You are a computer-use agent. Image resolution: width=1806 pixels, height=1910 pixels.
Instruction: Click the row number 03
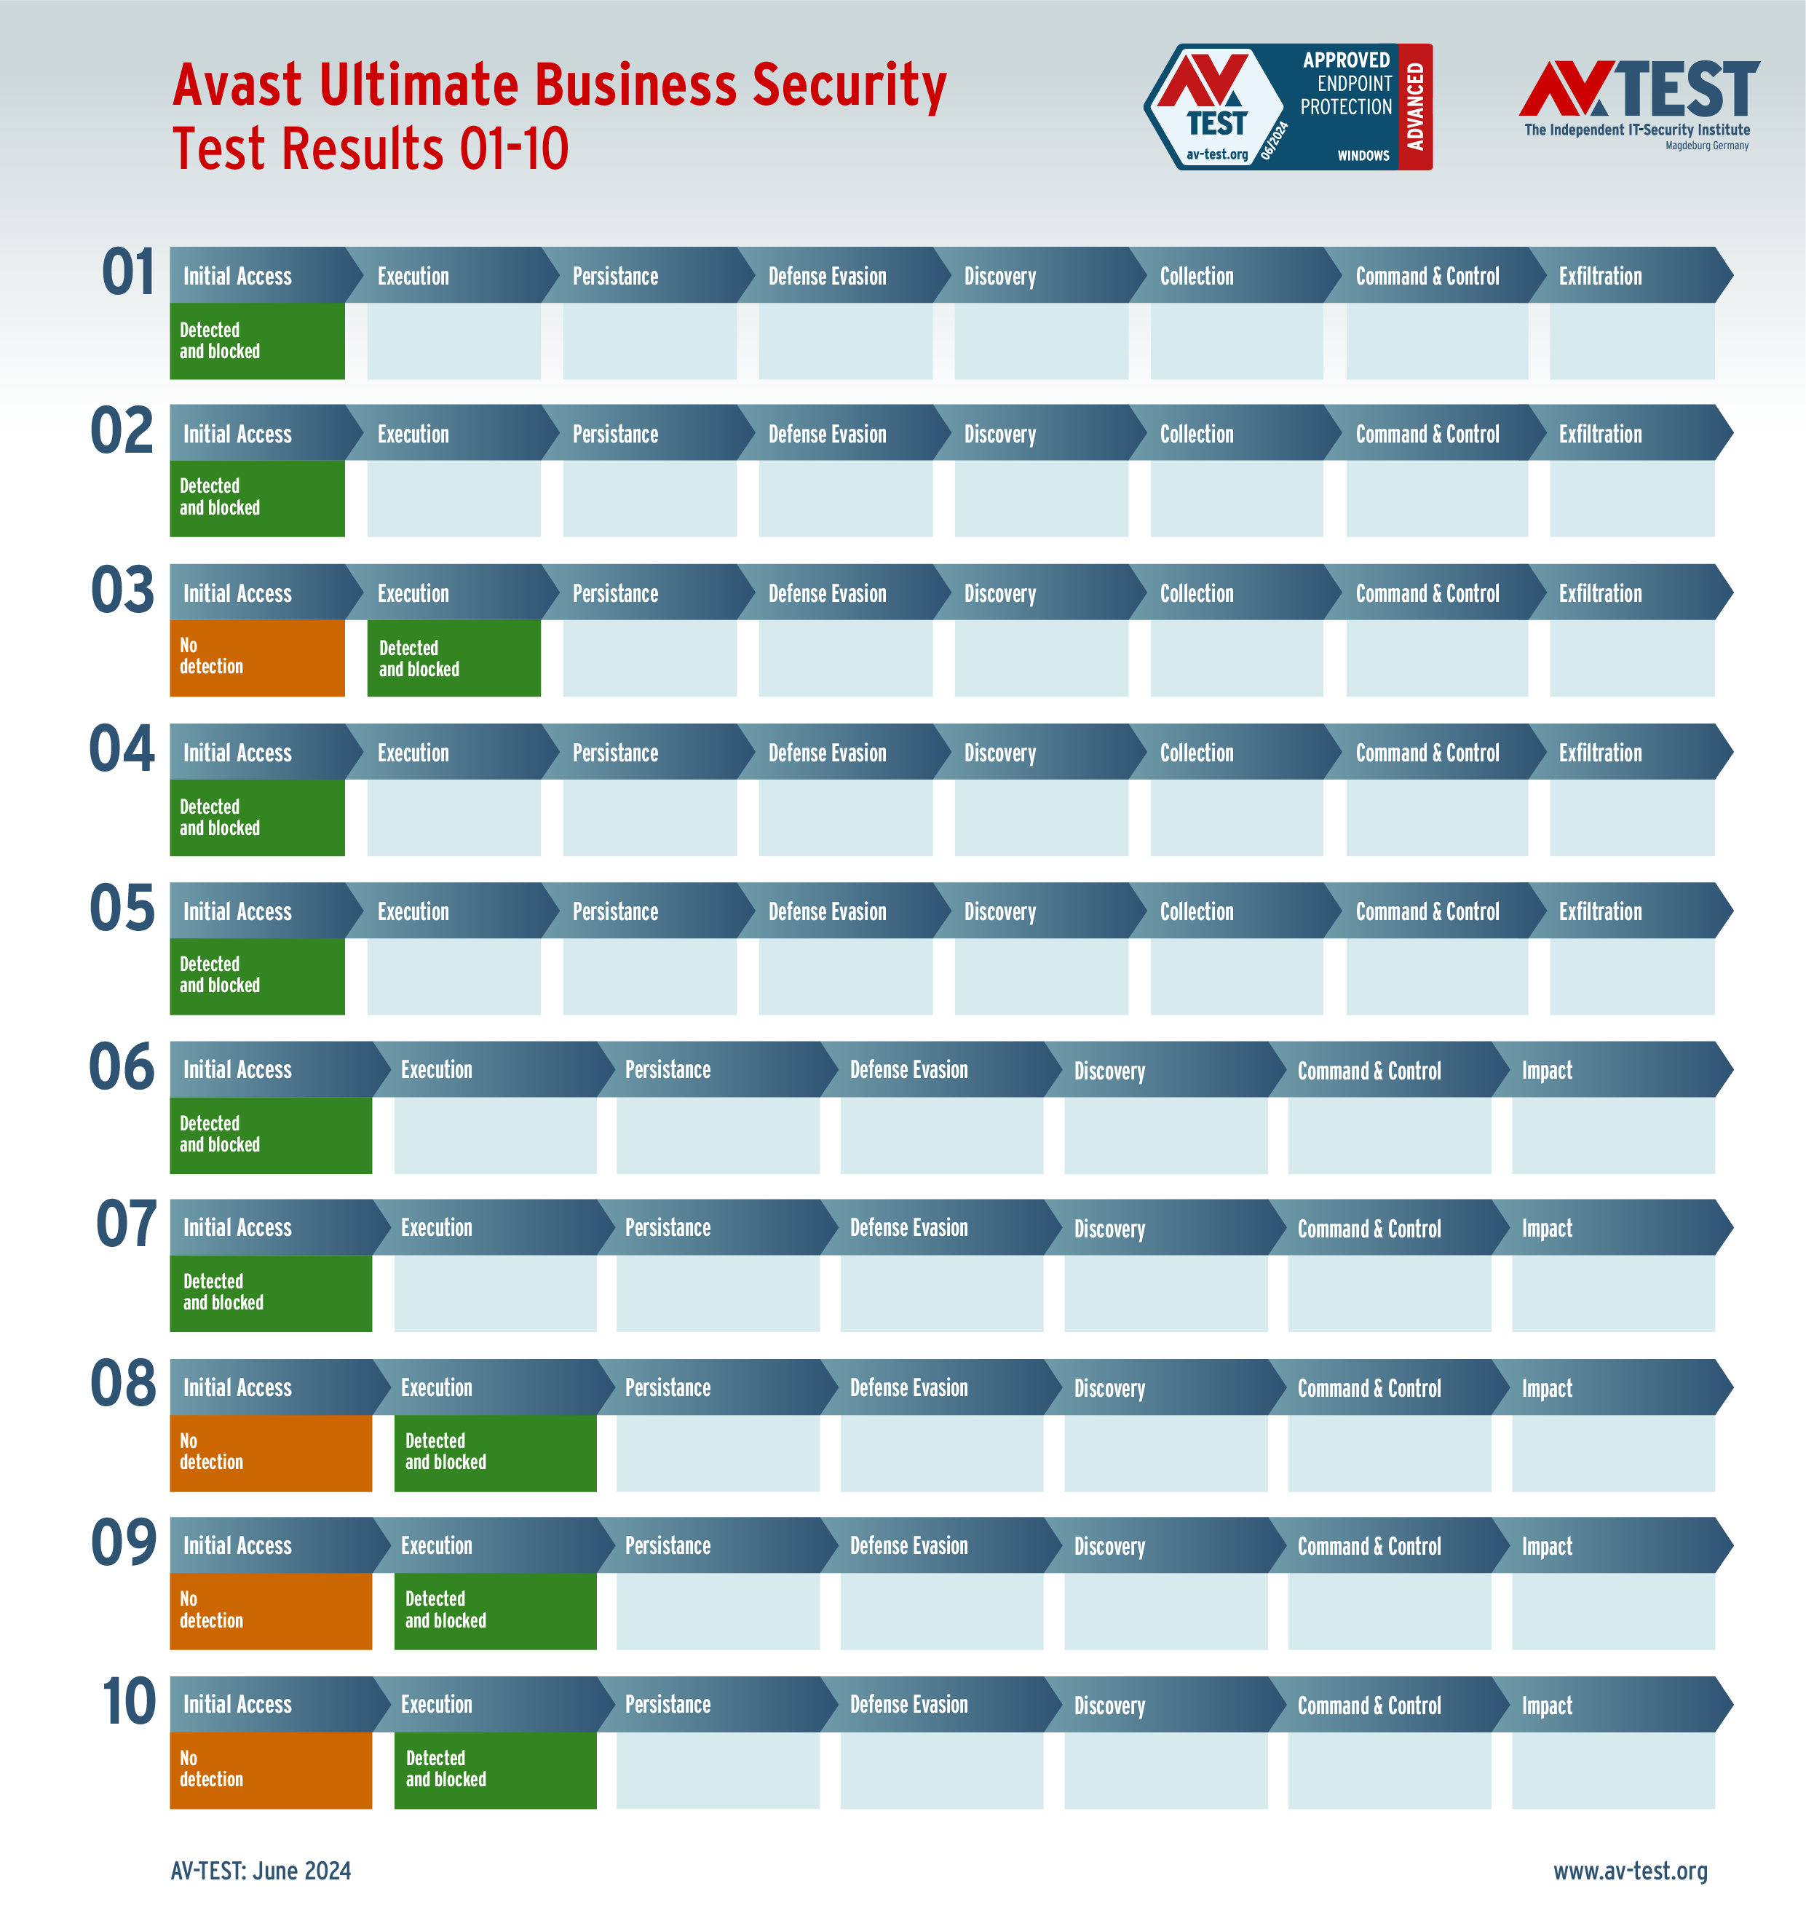point(122,590)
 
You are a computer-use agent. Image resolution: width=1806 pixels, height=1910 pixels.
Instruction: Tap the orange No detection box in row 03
point(257,657)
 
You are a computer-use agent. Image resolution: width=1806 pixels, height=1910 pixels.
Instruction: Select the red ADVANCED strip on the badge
point(1415,107)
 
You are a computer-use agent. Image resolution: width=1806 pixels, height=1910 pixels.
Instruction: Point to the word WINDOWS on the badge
point(1363,156)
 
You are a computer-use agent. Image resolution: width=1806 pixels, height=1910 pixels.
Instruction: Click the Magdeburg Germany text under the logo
point(1707,146)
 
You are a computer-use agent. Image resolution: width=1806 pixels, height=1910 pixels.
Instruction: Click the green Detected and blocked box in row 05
point(257,975)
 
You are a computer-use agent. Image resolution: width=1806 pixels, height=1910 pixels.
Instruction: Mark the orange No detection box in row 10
point(271,1770)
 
